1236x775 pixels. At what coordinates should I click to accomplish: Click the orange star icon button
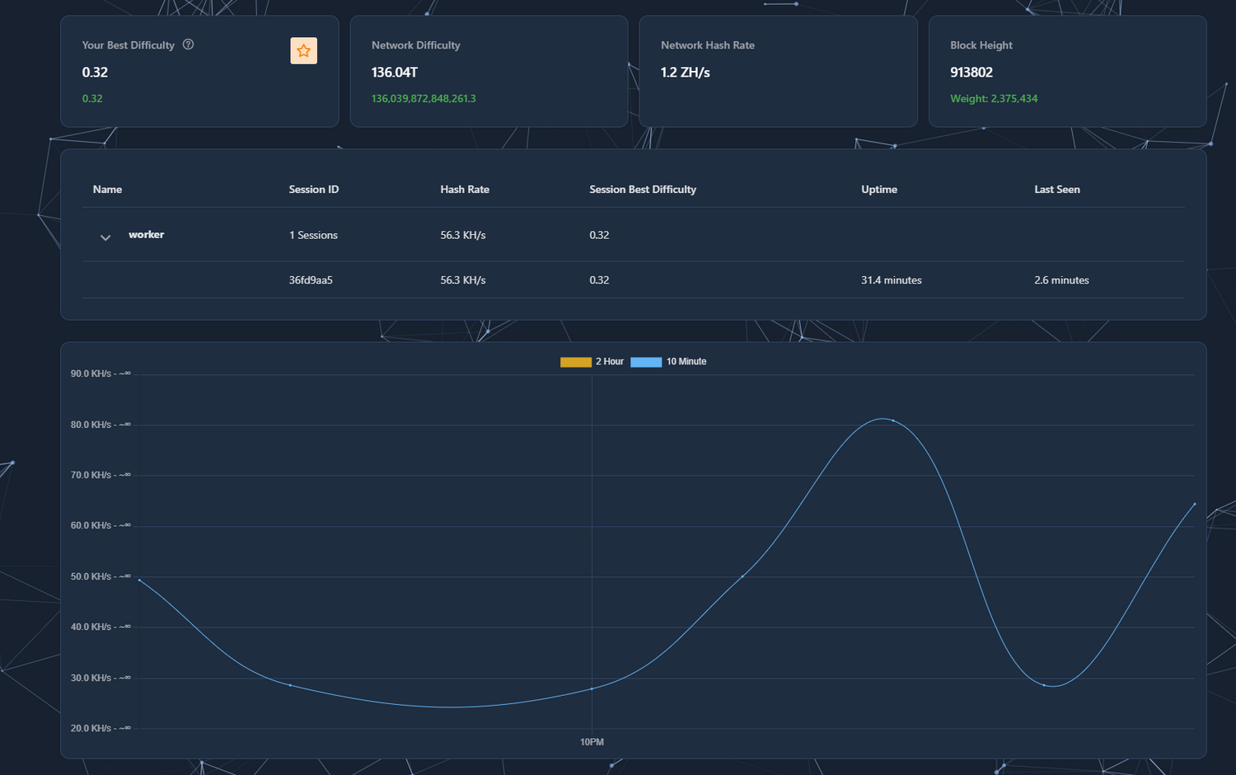pyautogui.click(x=303, y=51)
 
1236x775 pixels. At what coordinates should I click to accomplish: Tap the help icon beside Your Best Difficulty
pyautogui.click(x=188, y=45)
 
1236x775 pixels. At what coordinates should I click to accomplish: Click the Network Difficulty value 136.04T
pyautogui.click(x=395, y=73)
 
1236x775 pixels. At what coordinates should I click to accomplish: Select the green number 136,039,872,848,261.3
pyautogui.click(x=424, y=98)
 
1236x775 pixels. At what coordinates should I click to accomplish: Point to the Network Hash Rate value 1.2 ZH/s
pyautogui.click(x=685, y=73)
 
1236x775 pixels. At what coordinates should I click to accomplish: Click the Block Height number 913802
pyautogui.click(x=971, y=73)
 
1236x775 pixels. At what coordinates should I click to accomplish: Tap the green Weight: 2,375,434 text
pyautogui.click(x=994, y=98)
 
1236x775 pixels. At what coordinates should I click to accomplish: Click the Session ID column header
pyautogui.click(x=313, y=190)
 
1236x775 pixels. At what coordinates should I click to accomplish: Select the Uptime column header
pyautogui.click(x=879, y=190)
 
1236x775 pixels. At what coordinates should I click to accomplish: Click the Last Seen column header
pyautogui.click(x=1056, y=190)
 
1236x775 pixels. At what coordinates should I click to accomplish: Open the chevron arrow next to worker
pyautogui.click(x=105, y=237)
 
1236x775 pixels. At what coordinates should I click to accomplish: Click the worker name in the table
pyautogui.click(x=147, y=235)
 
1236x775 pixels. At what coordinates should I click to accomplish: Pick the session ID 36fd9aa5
pyautogui.click(x=311, y=280)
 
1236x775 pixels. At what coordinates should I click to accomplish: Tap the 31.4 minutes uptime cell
pyautogui.click(x=891, y=280)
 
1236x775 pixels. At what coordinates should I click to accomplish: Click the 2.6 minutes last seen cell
pyautogui.click(x=1061, y=280)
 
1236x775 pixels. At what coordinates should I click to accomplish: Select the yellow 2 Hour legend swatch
pyautogui.click(x=576, y=362)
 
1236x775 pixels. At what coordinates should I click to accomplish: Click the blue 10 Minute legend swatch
pyautogui.click(x=646, y=362)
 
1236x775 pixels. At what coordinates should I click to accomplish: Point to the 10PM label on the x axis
pyautogui.click(x=592, y=742)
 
